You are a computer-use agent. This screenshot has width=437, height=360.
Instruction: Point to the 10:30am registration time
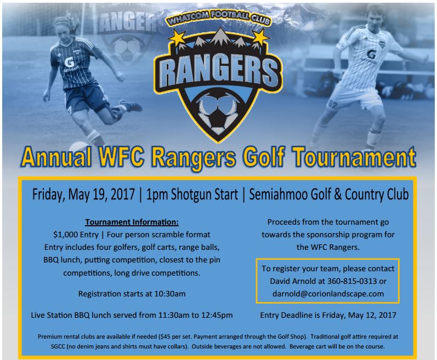166,294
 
